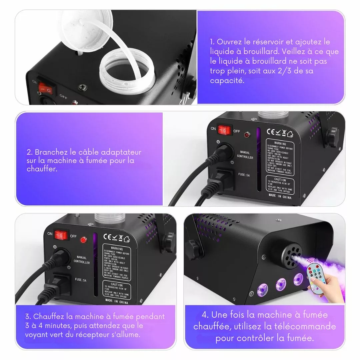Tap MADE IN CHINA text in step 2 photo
280,197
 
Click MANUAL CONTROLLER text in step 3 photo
82,260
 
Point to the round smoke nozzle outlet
290,256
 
